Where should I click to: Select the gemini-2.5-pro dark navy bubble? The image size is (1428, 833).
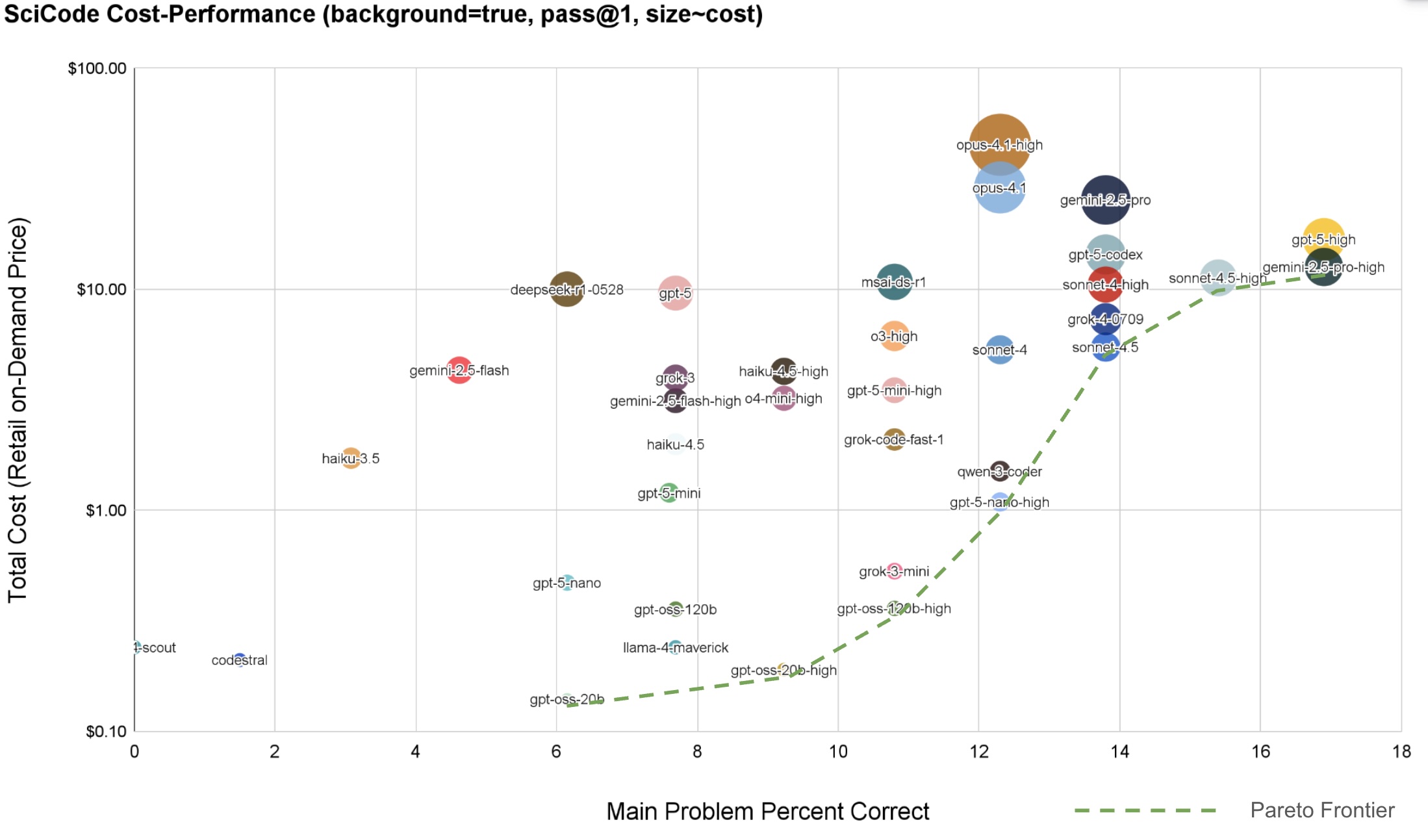(1105, 199)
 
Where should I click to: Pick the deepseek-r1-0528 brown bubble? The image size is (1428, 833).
(567, 289)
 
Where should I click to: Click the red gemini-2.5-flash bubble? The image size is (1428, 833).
(459, 370)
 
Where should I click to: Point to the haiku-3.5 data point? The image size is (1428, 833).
(351, 458)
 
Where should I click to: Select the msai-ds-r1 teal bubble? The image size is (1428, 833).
(894, 282)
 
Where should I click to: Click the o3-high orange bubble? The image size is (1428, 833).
(894, 336)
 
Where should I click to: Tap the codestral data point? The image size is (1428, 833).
(240, 659)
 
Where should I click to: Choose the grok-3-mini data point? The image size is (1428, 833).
(894, 571)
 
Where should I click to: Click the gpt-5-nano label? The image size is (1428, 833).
(567, 583)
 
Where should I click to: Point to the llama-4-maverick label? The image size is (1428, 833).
(675, 648)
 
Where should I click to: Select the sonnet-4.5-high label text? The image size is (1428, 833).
(1217, 279)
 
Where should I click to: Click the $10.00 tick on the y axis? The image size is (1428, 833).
(101, 290)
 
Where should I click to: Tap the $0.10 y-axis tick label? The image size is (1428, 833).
(106, 732)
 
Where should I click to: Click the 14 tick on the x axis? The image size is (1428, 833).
(1119, 752)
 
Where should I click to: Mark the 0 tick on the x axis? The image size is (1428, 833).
(134, 752)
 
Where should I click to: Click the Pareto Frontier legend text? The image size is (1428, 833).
(1322, 810)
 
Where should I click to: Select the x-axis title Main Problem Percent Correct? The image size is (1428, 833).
(767, 812)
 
